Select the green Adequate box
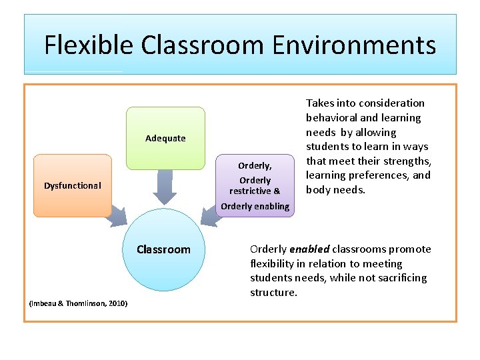165,138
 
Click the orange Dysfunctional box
73,185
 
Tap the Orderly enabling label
255,206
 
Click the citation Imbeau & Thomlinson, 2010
79,304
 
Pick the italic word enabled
309,249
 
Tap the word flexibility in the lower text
272,263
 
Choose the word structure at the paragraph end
273,293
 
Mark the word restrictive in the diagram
250,191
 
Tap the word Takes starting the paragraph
319,103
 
